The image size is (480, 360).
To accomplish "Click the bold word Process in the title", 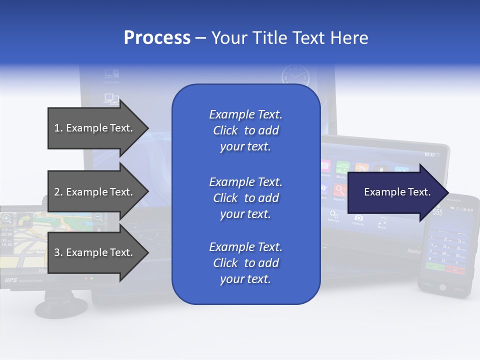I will click(x=157, y=38).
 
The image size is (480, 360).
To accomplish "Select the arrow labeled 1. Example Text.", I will click(x=95, y=128).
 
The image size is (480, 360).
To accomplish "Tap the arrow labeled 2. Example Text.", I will click(x=95, y=192).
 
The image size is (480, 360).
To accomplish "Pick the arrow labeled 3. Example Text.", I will click(x=95, y=252).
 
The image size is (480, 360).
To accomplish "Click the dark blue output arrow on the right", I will click(x=397, y=192).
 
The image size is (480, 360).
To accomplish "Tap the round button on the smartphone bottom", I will click(x=442, y=287).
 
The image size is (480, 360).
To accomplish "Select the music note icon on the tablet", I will click(x=382, y=220).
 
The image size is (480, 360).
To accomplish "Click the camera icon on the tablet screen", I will click(x=358, y=218).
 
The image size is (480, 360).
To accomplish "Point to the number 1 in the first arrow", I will click(x=57, y=128).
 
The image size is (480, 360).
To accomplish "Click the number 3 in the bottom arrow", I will click(x=57, y=252).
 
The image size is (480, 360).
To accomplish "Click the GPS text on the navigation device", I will click(x=10, y=280).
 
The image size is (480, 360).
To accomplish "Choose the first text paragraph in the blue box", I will click(x=245, y=130).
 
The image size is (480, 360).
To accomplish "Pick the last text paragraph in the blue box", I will click(x=245, y=263).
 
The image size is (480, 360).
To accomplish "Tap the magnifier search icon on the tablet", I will click(x=340, y=190).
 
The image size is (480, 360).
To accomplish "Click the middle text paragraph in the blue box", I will click(x=245, y=198).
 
